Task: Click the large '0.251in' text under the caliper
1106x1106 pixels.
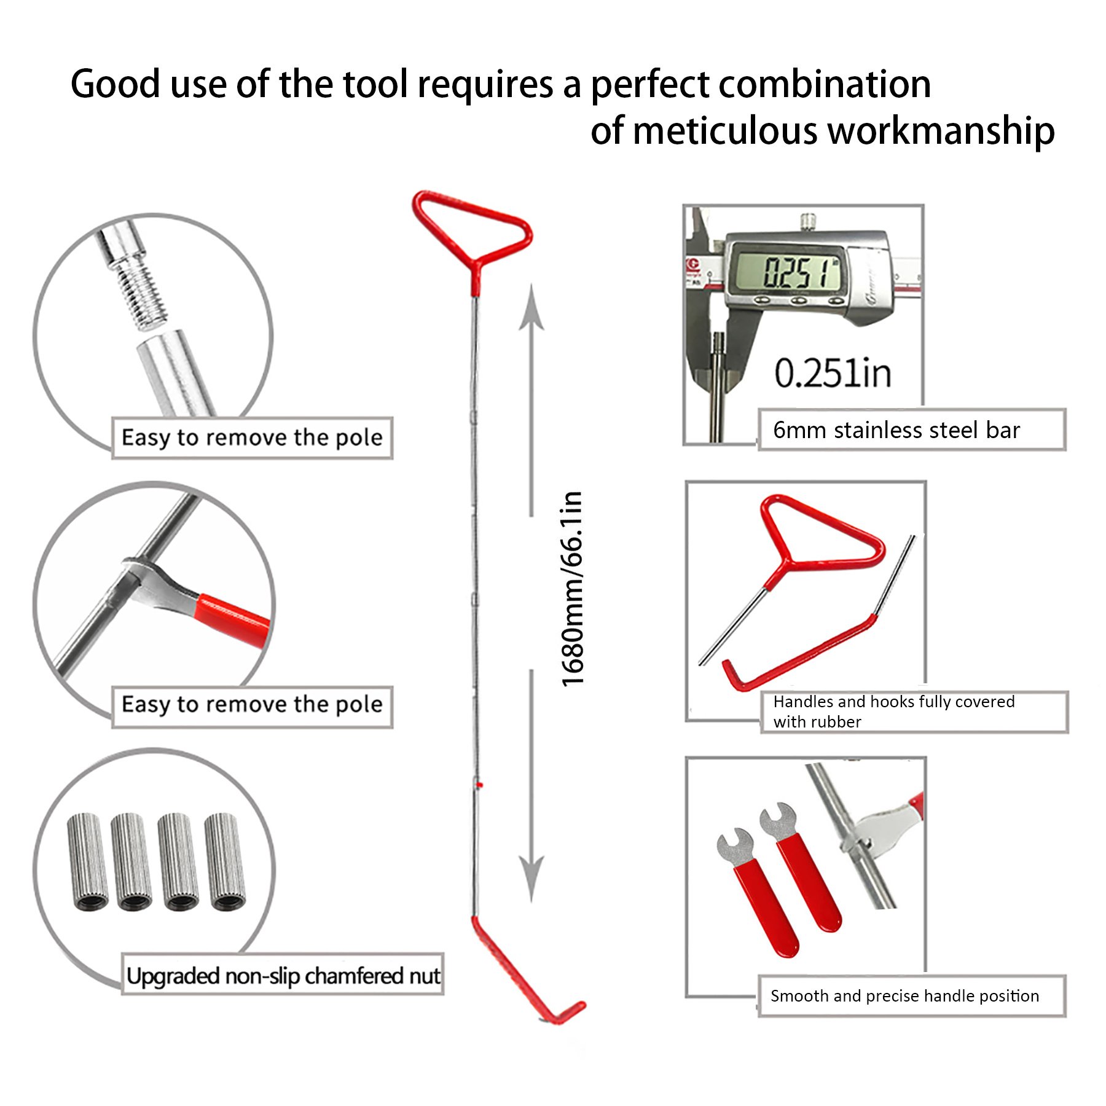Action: [833, 373]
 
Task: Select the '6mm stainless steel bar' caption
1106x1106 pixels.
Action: [896, 430]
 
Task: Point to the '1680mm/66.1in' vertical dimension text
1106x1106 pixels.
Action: [572, 589]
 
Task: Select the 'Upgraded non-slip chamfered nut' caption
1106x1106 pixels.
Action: [283, 976]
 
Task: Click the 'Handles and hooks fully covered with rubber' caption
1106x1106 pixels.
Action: [893, 712]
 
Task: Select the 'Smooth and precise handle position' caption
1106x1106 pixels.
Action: [904, 996]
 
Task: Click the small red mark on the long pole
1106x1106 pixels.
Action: [479, 785]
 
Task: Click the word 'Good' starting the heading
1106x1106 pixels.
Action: [116, 84]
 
